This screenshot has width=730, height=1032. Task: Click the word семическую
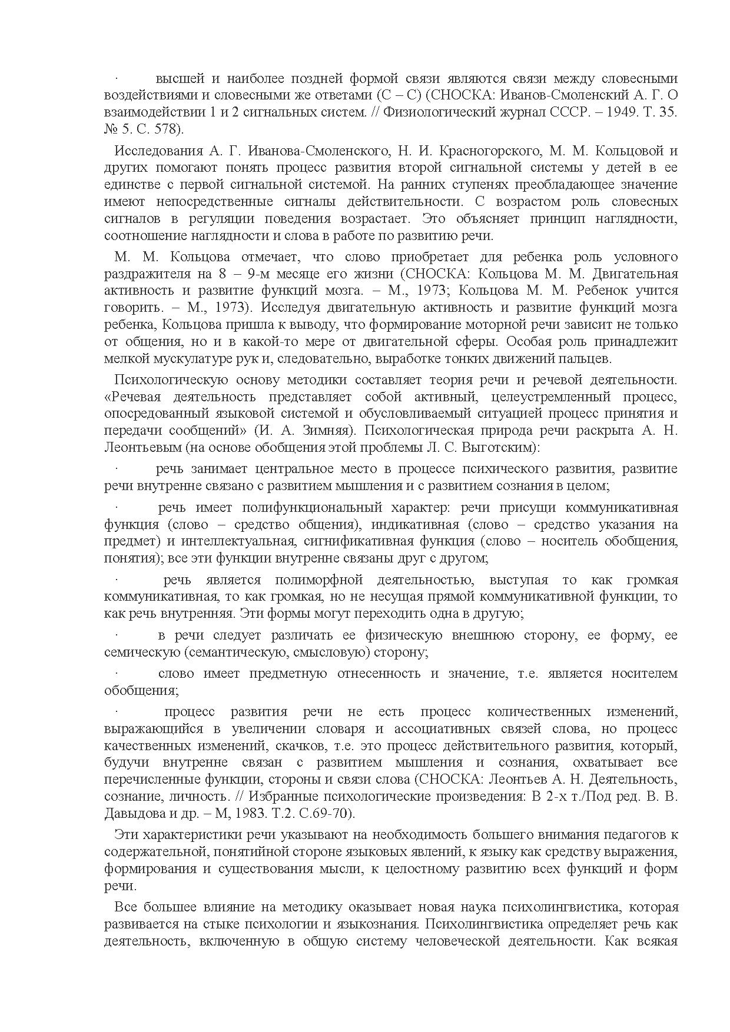[141, 652]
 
